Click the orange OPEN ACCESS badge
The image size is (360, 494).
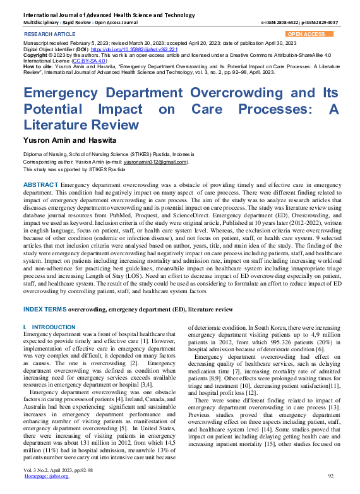tap(306, 34)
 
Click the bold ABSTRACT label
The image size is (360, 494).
tap(41, 184)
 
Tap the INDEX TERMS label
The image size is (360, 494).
tap(44, 310)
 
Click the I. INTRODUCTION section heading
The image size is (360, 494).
tap(49, 327)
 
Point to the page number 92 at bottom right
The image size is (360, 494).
tap(330, 475)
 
